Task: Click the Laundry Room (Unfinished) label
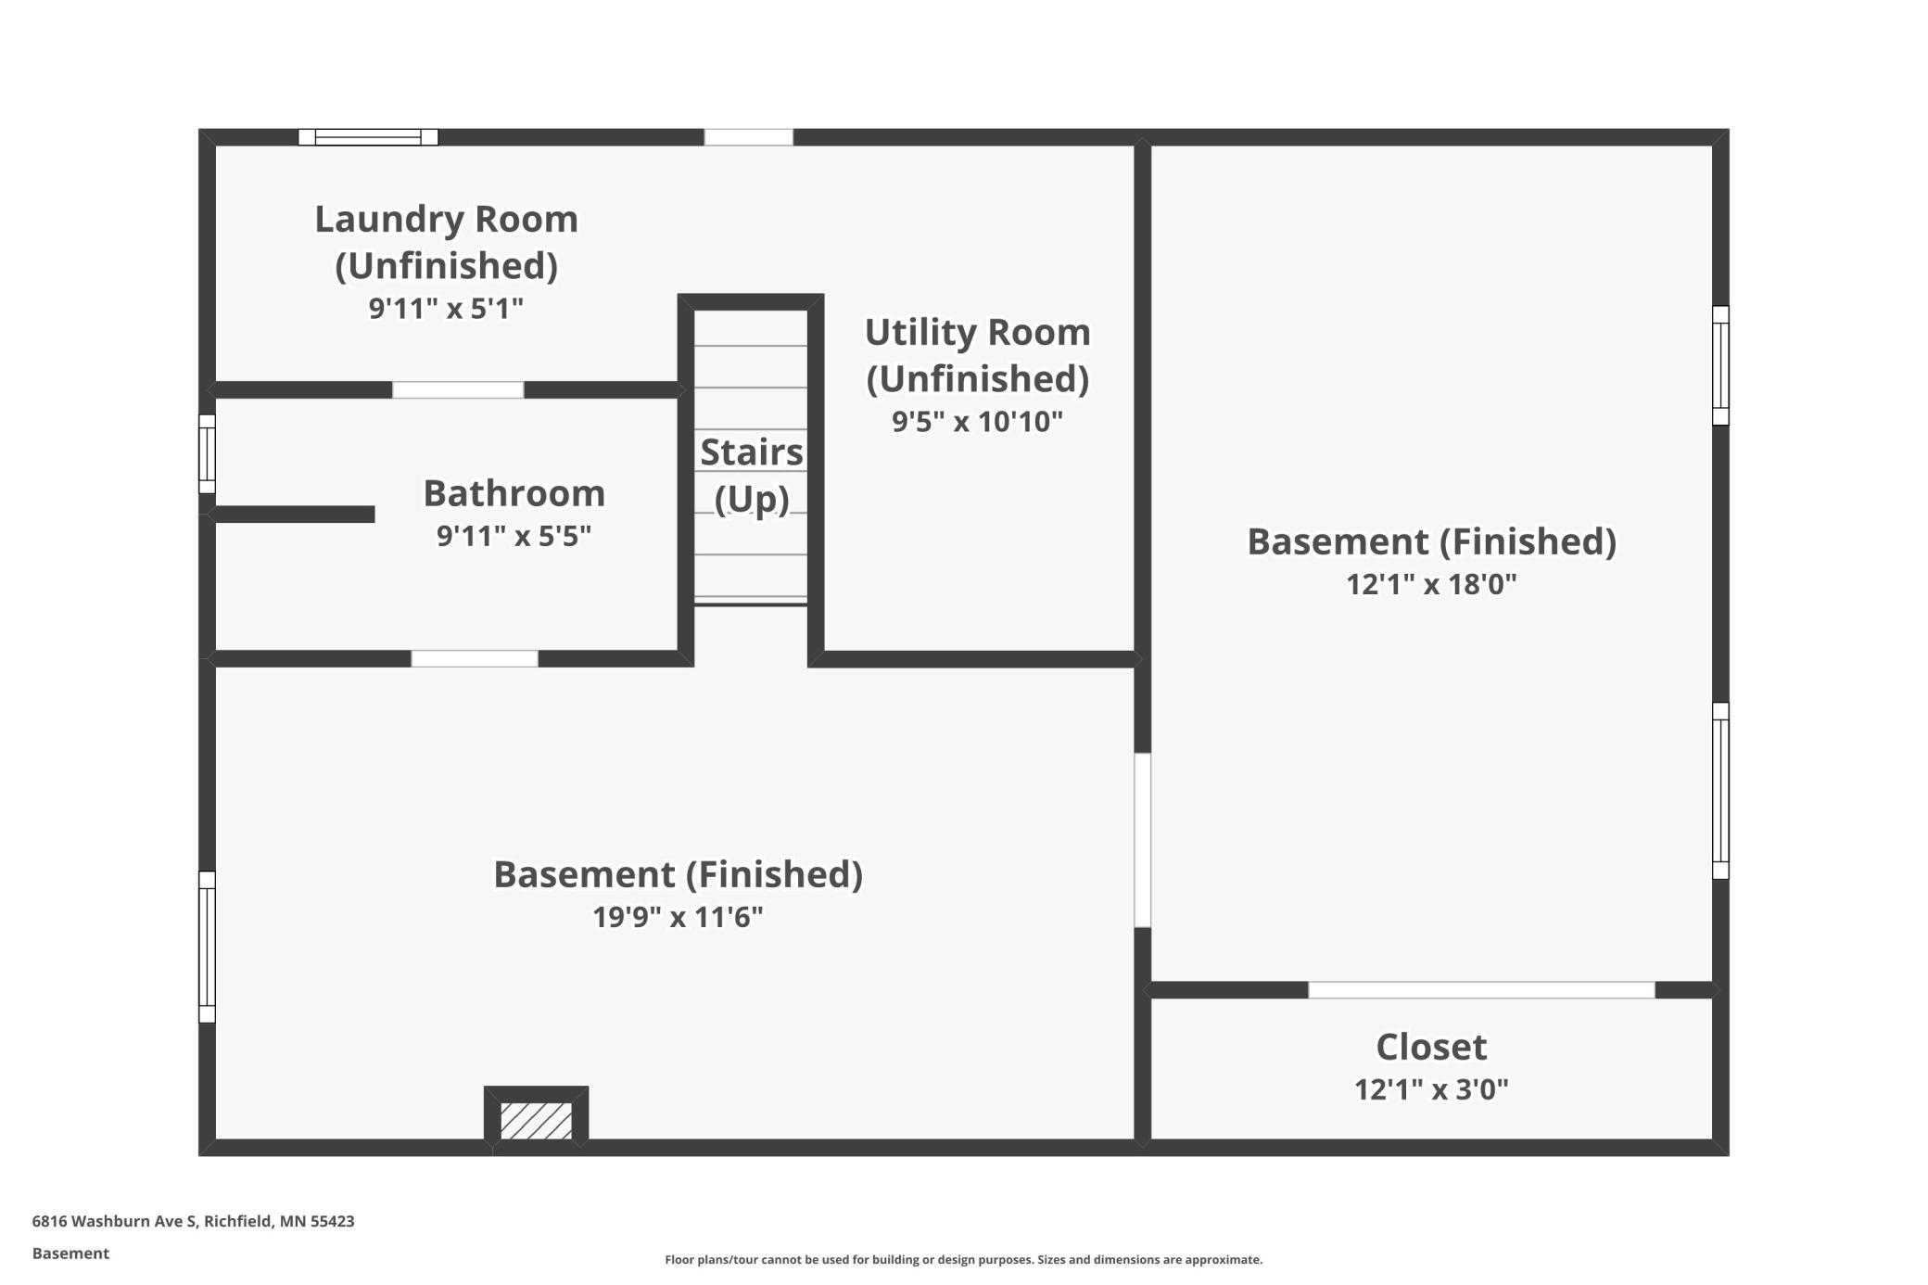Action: coord(446,242)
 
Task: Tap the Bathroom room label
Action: coord(514,493)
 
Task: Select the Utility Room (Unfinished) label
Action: coord(977,355)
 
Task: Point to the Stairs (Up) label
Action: coord(752,475)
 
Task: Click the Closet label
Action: coord(1431,1047)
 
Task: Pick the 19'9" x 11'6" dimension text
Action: coord(678,917)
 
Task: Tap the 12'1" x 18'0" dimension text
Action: coord(1431,584)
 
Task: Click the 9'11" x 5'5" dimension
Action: coord(514,536)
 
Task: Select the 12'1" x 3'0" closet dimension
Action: coord(1431,1089)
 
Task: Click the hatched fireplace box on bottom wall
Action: coord(536,1119)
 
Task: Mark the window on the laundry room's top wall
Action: coord(368,137)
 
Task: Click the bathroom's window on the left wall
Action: coord(208,454)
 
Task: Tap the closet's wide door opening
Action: coord(1481,990)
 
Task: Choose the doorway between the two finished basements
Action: coord(1143,840)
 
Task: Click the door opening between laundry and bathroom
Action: coord(458,390)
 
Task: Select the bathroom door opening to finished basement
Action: coord(475,659)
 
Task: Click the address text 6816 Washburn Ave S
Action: coord(115,1221)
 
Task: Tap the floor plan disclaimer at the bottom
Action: coord(963,1259)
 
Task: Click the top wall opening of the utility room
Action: coord(748,137)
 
